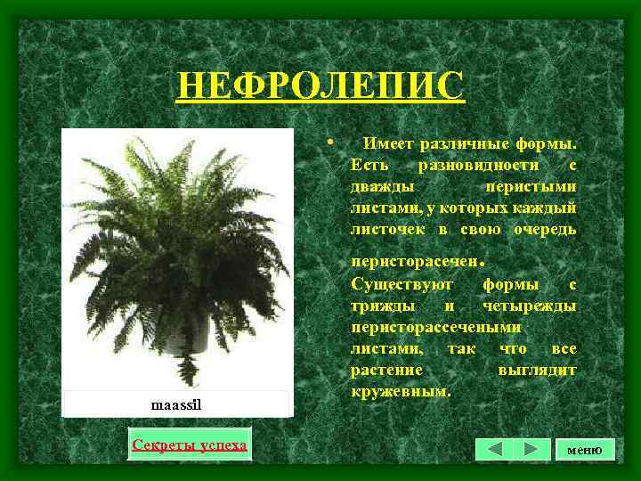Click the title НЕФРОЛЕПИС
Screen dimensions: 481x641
pyautogui.click(x=320, y=87)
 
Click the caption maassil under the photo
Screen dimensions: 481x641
pyautogui.click(x=177, y=405)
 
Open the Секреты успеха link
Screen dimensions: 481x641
pyautogui.click(x=189, y=444)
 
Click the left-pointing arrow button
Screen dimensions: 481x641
pyautogui.click(x=494, y=449)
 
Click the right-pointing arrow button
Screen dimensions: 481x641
pyautogui.click(x=531, y=449)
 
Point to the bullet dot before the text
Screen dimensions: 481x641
pyautogui.click(x=330, y=142)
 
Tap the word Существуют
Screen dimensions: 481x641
pyautogui.click(x=402, y=285)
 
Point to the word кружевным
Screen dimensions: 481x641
pyautogui.click(x=401, y=392)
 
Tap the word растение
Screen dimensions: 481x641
pyautogui.click(x=386, y=371)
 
